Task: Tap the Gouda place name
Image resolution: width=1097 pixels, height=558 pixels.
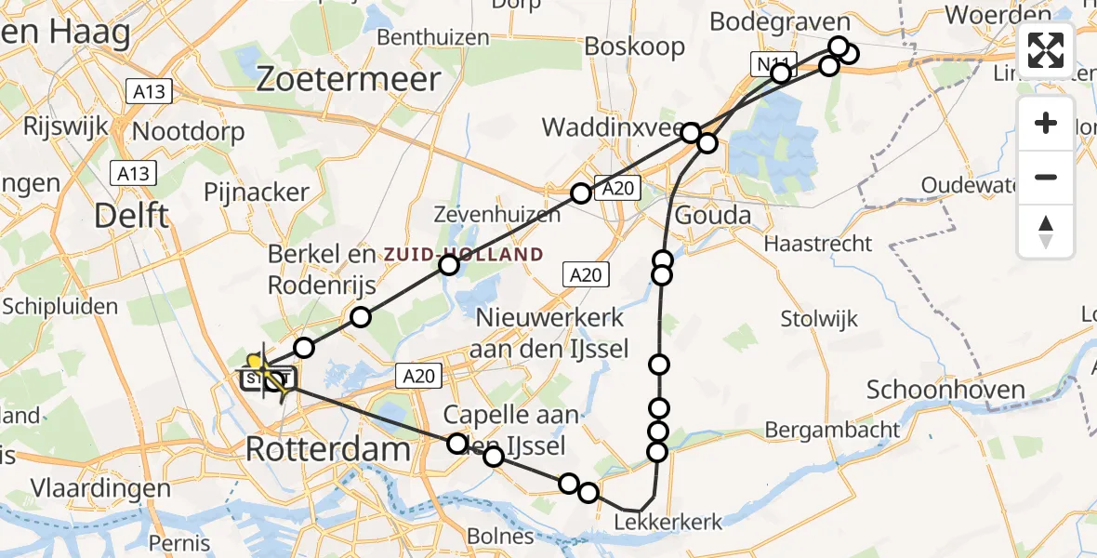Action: click(x=712, y=216)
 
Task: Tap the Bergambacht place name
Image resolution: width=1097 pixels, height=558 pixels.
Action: click(x=833, y=430)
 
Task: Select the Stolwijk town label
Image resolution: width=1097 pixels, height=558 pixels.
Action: click(x=819, y=319)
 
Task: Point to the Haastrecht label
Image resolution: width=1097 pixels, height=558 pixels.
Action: click(x=817, y=244)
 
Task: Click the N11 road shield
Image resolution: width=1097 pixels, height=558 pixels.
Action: click(x=764, y=63)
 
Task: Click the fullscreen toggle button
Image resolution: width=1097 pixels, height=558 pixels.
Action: click(x=1046, y=50)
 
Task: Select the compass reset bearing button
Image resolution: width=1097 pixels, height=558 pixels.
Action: click(x=1046, y=232)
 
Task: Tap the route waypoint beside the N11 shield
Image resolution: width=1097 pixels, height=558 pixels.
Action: click(x=781, y=73)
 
